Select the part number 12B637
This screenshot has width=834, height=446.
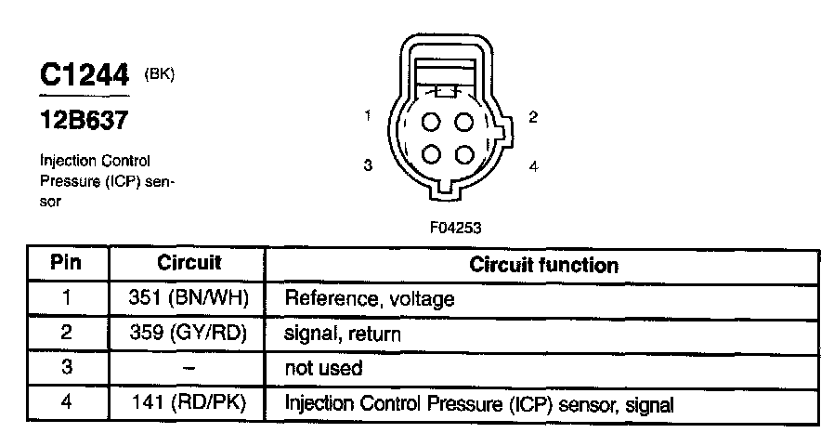pos(83,121)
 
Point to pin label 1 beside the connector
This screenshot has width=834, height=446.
pos(369,116)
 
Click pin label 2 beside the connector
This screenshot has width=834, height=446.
pos(532,117)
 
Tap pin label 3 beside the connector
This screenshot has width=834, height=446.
pos(369,166)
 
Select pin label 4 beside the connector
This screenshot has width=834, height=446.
pos(533,167)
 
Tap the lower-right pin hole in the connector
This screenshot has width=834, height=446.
pos(465,155)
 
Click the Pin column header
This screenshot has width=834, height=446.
pos(65,263)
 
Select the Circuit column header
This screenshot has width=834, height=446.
pos(189,263)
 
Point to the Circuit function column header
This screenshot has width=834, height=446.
pos(543,265)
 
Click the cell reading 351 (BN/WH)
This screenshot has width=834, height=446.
pos(189,299)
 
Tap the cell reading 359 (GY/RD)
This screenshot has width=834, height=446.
pos(189,334)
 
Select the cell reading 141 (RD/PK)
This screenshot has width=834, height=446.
pos(189,404)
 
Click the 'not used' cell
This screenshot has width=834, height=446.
pos(322,369)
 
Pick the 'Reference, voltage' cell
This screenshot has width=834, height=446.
pos(369,299)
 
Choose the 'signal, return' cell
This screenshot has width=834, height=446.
pos(342,334)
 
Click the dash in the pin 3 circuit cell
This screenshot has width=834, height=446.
pos(189,369)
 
